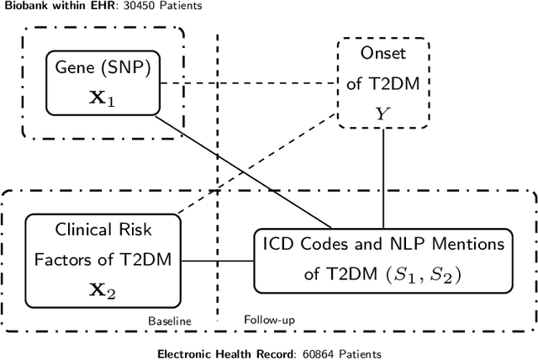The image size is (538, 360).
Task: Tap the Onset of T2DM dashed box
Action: pos(383,82)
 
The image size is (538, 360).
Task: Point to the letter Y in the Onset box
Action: pos(383,112)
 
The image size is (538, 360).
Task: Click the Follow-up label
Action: pos(269,320)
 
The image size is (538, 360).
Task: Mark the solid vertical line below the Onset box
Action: pos(383,177)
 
